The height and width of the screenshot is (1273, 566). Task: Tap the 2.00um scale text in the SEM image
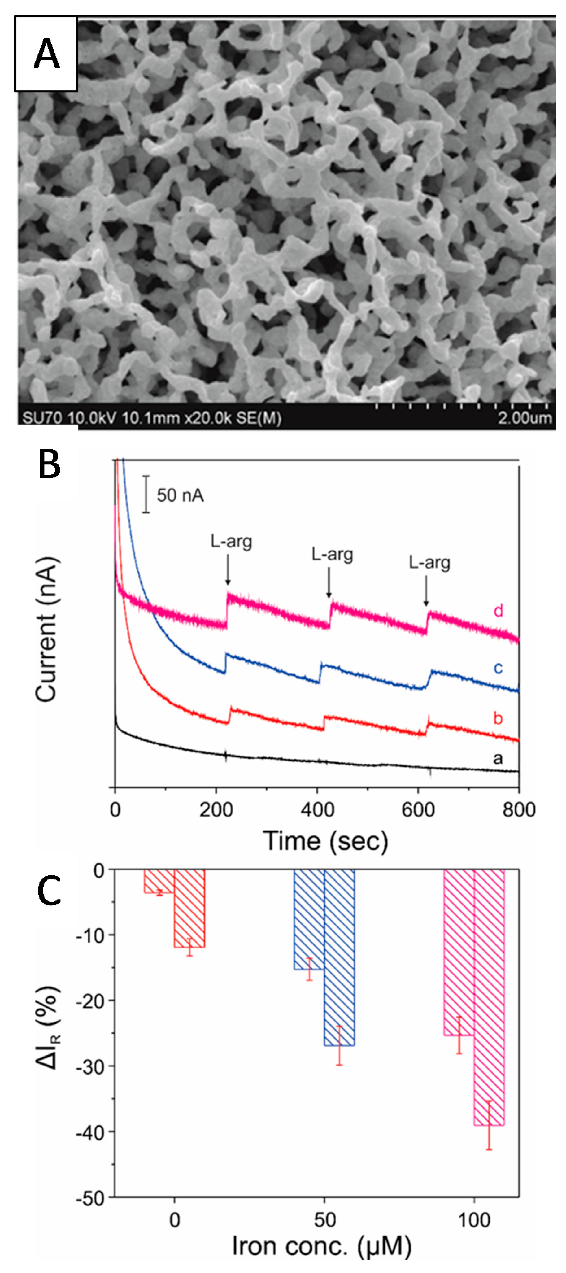click(x=524, y=419)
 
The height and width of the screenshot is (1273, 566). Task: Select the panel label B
click(x=50, y=465)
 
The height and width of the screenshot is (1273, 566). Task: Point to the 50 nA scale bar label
click(x=180, y=495)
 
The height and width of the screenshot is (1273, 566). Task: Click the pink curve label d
click(x=498, y=611)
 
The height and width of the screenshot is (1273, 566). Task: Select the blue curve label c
click(x=498, y=668)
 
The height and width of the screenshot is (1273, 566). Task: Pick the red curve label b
click(x=498, y=718)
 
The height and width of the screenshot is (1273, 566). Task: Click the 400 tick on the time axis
click(x=317, y=810)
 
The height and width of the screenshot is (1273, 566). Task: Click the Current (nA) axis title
click(x=47, y=630)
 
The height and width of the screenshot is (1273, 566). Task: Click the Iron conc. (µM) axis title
click(x=322, y=1246)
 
